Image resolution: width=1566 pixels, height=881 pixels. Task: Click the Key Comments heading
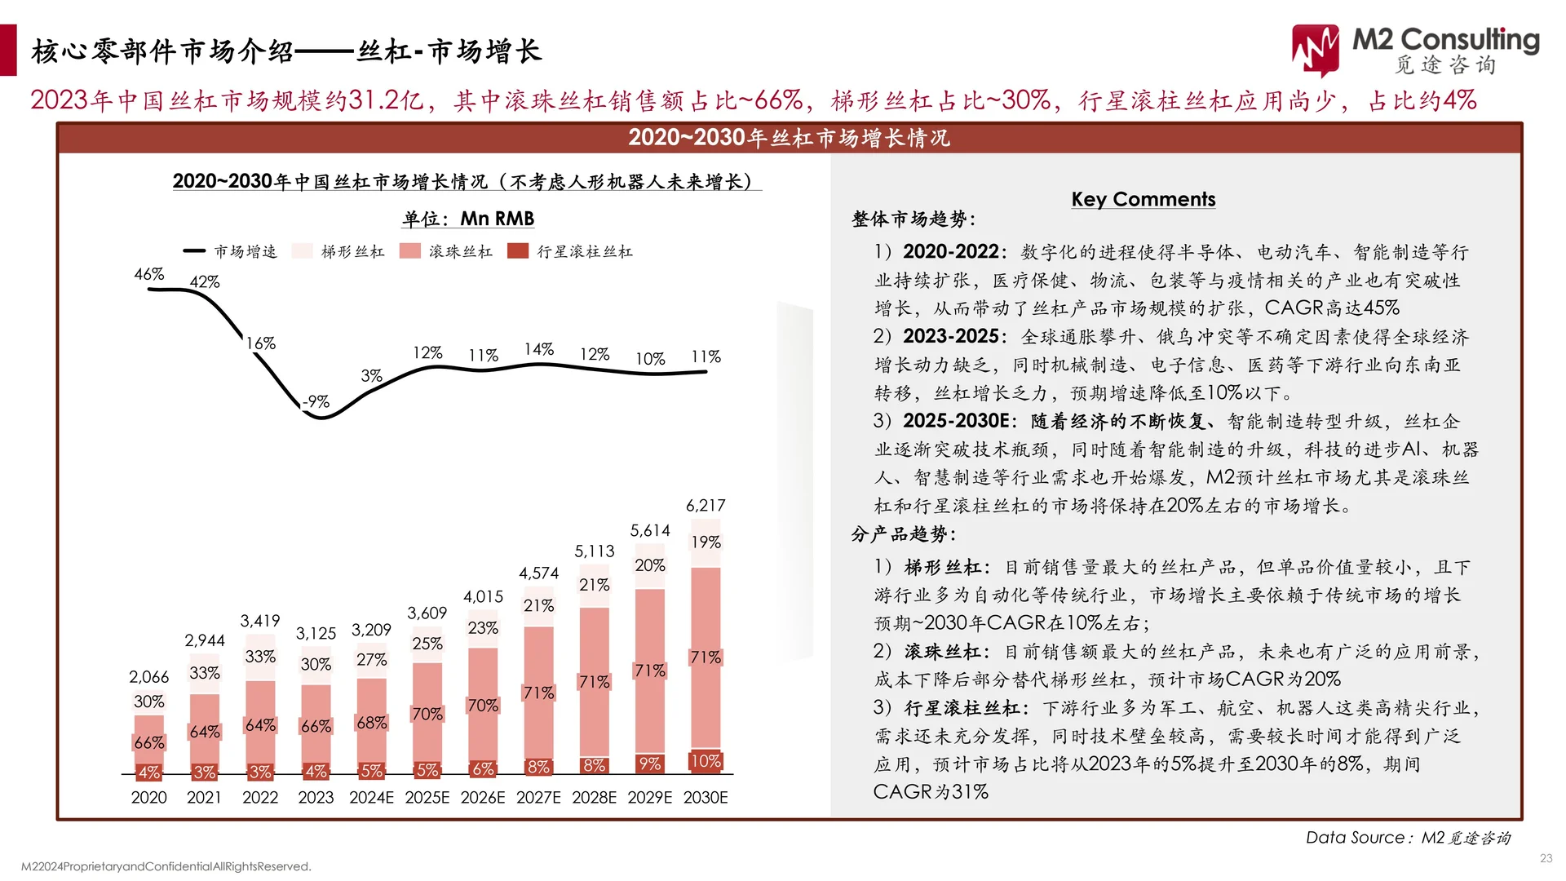click(x=1143, y=199)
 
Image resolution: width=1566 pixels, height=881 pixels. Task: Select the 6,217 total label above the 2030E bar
click(x=706, y=506)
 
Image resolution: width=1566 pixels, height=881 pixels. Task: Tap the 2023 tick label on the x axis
click(x=316, y=797)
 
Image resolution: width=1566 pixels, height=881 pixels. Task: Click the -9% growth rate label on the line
click(x=316, y=401)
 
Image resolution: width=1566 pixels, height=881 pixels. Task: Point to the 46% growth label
click(x=149, y=274)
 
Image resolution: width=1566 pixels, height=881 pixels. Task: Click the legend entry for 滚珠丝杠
click(x=446, y=251)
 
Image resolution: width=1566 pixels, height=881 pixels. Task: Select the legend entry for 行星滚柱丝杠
click(x=570, y=251)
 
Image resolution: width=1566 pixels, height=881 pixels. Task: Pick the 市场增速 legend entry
click(x=230, y=251)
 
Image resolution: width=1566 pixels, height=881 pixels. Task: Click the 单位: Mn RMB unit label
click(x=468, y=219)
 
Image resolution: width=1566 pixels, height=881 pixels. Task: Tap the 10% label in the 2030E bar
click(x=706, y=761)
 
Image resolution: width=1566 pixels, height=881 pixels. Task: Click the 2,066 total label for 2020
click(x=149, y=677)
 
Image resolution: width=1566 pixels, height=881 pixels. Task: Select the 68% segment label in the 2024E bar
click(x=371, y=723)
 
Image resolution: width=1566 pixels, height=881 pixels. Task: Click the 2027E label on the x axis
click(x=538, y=797)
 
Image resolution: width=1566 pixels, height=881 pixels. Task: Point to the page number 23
click(x=1546, y=858)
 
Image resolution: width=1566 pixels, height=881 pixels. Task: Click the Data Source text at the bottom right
click(x=1408, y=838)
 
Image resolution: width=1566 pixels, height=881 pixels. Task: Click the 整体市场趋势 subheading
click(x=913, y=219)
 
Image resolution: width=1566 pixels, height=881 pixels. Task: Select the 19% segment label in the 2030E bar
click(x=706, y=542)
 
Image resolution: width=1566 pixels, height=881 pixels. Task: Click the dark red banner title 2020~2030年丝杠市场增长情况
click(x=789, y=138)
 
